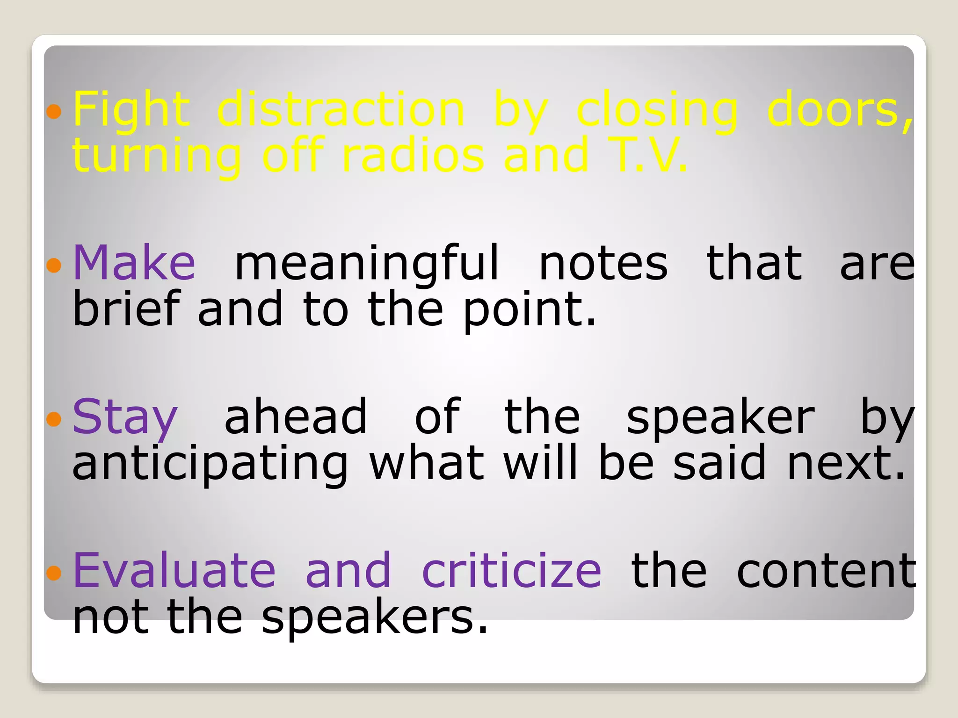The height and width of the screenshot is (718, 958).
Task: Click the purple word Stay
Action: pyautogui.click(x=125, y=417)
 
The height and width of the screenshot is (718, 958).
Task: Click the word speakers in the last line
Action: pyautogui.click(x=374, y=617)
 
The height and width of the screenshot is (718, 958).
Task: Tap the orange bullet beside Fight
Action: pyautogui.click(x=54, y=111)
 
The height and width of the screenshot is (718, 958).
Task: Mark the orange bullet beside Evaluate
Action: pyautogui.click(x=54, y=572)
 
